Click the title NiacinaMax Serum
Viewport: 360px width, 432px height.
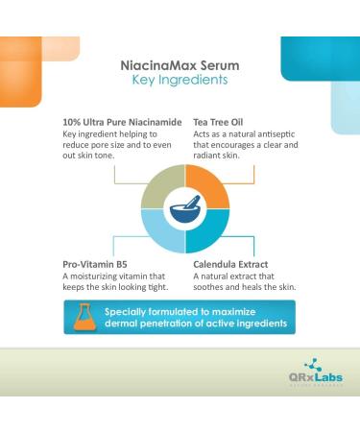180,64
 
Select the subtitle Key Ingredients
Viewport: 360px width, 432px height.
180,81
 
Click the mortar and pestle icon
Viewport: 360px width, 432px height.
180,204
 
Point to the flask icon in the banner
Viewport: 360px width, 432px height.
82,318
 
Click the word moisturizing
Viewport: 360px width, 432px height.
107,276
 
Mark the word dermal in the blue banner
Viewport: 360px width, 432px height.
127,325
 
